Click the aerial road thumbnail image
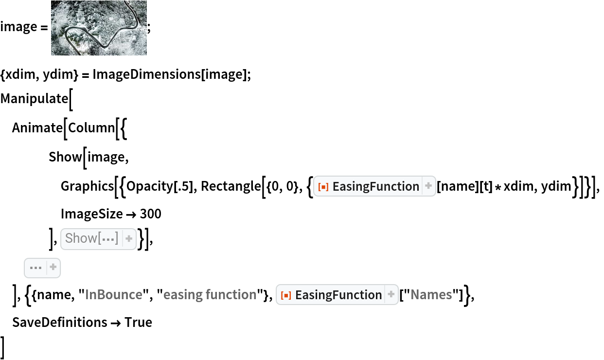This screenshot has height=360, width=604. coord(99,28)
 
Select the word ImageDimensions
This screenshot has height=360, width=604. coord(147,74)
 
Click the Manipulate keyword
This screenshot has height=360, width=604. coord(34,98)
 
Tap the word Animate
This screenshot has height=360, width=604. coord(37,127)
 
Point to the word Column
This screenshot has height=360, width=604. coord(92,127)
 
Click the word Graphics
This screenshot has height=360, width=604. coord(88,186)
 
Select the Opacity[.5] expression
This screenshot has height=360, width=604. coord(160,186)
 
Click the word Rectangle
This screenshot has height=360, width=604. coord(231,186)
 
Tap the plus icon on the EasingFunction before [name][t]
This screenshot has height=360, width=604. coord(428,186)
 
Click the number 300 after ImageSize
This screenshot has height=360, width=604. coord(151,214)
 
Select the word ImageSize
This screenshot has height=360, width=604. coord(92,214)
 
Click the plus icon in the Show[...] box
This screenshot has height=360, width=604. coord(129,238)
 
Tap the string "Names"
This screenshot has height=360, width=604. coord(431,294)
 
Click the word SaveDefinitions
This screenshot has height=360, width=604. coord(60,323)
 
